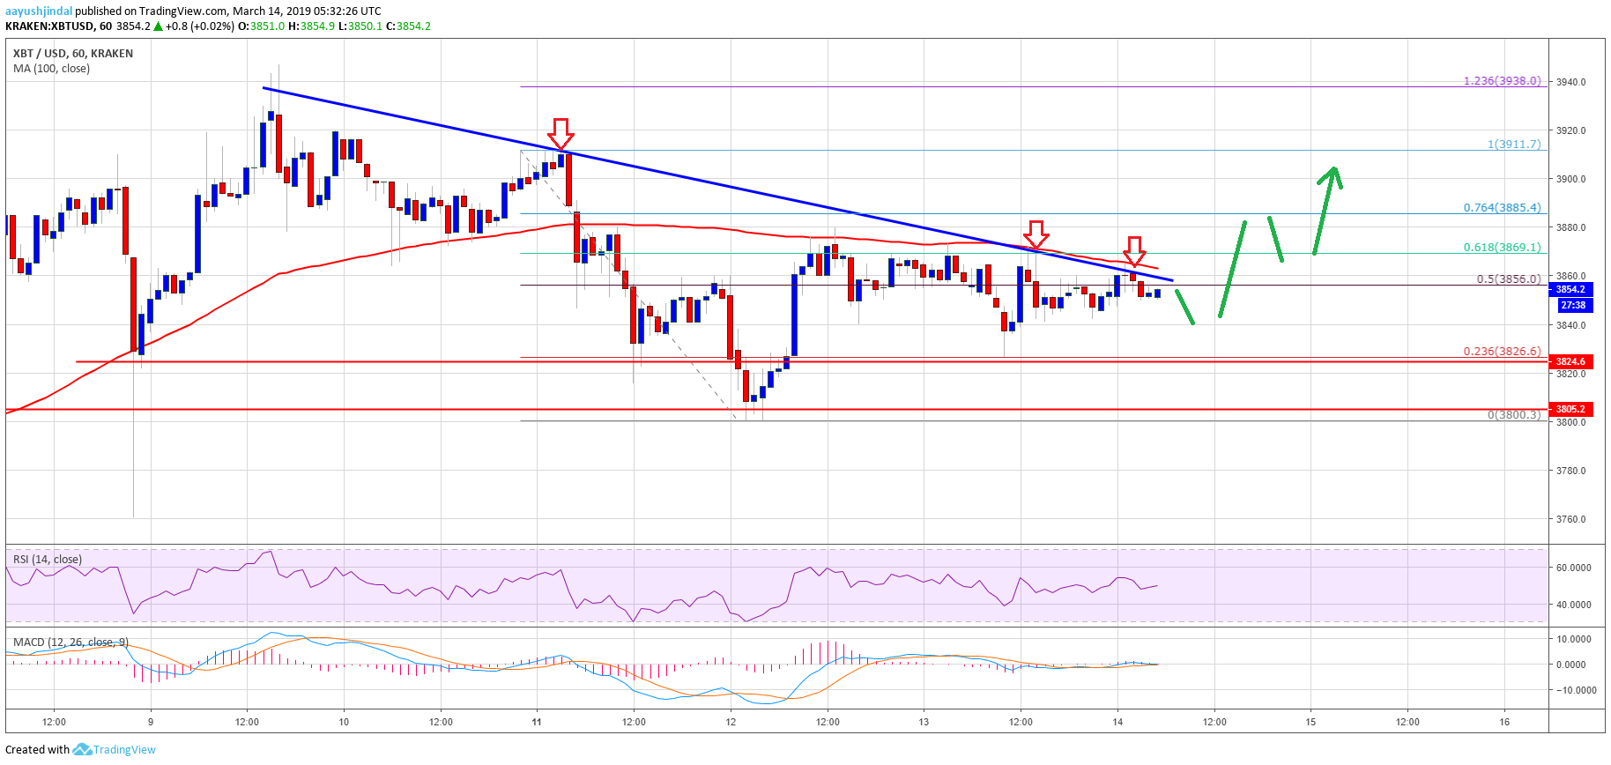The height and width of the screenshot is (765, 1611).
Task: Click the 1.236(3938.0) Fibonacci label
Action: [1502, 81]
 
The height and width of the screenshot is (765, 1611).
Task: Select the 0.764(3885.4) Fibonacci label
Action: [1502, 208]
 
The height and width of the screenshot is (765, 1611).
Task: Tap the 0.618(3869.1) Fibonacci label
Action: [1502, 248]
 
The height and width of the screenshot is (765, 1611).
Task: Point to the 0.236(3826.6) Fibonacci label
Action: [1502, 351]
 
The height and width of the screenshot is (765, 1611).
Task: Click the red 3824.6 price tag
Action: [1570, 361]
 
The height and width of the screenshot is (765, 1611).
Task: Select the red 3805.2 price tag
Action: [1570, 409]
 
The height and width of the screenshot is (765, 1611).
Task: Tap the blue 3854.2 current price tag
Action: [1570, 289]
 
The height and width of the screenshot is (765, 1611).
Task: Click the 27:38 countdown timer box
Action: [1572, 305]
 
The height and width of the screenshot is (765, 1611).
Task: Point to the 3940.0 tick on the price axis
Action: [1570, 82]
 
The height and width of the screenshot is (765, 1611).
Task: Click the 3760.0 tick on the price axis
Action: [1570, 519]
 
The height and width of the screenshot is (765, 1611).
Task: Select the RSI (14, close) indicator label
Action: [48, 559]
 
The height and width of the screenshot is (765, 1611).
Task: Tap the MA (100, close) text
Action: [51, 68]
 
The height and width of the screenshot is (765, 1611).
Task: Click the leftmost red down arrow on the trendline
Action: [561, 134]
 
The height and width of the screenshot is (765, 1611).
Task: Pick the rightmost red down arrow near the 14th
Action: [1135, 250]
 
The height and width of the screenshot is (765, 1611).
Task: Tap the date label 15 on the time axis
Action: [1310, 722]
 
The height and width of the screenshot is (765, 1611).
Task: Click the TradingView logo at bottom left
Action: [114, 749]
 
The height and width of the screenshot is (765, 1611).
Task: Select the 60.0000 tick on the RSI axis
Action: [1573, 568]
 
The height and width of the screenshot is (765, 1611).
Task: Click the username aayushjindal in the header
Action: [39, 11]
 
